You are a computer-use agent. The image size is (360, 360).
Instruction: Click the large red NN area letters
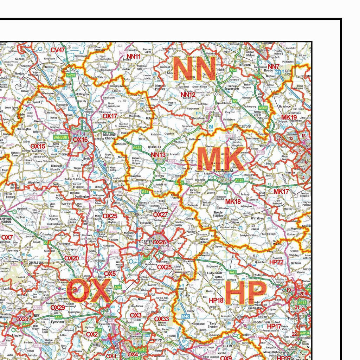(194, 69)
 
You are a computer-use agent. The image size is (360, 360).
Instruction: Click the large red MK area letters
(220, 159)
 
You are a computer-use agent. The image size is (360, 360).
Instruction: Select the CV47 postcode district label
(58, 50)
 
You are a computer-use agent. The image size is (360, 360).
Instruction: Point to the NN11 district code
(134, 56)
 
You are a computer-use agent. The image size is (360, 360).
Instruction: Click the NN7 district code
(274, 67)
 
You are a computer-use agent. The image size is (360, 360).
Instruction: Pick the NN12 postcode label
(188, 95)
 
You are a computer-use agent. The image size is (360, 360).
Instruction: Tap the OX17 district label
(110, 116)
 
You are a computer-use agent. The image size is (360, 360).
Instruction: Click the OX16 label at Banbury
(80, 140)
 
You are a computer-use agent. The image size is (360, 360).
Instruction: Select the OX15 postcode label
(38, 146)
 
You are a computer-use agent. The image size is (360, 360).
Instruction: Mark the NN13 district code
(158, 155)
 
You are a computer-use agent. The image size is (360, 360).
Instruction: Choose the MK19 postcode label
(289, 117)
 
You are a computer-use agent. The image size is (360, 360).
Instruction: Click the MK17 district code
(281, 192)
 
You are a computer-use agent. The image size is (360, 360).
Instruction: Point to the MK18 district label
(233, 201)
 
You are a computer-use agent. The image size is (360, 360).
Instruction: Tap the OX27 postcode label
(160, 214)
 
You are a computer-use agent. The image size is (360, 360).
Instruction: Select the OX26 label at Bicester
(159, 242)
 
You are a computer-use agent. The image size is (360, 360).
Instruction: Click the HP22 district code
(276, 262)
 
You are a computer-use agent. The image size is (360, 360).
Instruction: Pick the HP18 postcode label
(216, 300)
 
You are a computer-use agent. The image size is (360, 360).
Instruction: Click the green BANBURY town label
(61, 137)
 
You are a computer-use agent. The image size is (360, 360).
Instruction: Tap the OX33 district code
(162, 319)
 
